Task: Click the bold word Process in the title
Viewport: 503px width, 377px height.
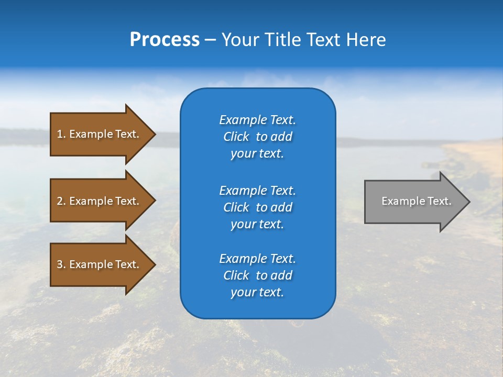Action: coord(165,40)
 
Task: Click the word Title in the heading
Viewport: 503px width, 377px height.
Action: coord(283,40)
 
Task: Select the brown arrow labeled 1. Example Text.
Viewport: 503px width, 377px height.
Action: coord(100,134)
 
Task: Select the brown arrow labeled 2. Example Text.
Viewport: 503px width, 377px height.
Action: coord(100,201)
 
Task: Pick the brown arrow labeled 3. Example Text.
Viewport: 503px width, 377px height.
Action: coord(100,264)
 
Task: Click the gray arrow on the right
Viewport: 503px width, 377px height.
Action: coord(414,202)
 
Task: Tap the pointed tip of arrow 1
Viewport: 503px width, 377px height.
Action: coord(154,134)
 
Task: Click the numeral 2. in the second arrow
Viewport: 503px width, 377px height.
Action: coord(61,201)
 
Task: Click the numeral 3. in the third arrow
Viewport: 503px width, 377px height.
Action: coord(61,264)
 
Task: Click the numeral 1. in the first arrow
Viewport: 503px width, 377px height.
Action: coord(61,134)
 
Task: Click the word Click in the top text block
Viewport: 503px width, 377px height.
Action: coord(236,137)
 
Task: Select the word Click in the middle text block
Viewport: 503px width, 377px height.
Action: coord(236,207)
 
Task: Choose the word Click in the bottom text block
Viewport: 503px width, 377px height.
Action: coord(236,275)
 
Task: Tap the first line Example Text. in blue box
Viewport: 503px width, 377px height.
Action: coord(257,120)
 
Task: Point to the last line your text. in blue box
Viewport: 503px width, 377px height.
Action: coord(257,293)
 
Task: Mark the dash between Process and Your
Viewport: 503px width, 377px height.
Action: coord(210,40)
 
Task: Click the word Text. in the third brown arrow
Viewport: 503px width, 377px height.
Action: coord(127,264)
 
